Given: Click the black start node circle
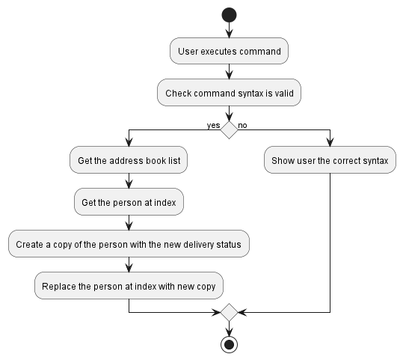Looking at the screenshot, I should pos(229,15).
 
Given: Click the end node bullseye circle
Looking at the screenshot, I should pos(229,344).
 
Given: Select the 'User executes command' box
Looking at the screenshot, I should pos(229,52).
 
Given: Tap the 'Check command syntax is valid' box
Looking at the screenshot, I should pos(229,94).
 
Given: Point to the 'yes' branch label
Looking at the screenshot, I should pos(213,124).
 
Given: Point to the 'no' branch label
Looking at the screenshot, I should pos(243,124).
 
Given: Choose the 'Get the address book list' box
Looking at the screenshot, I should pos(129,160).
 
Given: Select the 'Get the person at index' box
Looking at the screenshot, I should pos(129,202).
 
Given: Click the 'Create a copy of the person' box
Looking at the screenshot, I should pos(129,244).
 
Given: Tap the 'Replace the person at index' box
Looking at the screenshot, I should pos(129,286).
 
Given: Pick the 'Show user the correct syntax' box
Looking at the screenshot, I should pos(330,160).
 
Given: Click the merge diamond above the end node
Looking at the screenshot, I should pos(229,312).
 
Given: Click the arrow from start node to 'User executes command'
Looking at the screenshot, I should pos(229,30).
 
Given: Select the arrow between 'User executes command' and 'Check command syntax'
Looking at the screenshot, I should pos(229,73).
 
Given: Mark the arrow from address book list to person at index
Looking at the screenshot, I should pos(129,180).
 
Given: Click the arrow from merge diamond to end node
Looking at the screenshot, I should pos(229,328).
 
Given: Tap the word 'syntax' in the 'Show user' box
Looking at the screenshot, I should pos(373,160).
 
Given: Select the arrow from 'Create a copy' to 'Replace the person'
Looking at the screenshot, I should pos(129,265).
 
